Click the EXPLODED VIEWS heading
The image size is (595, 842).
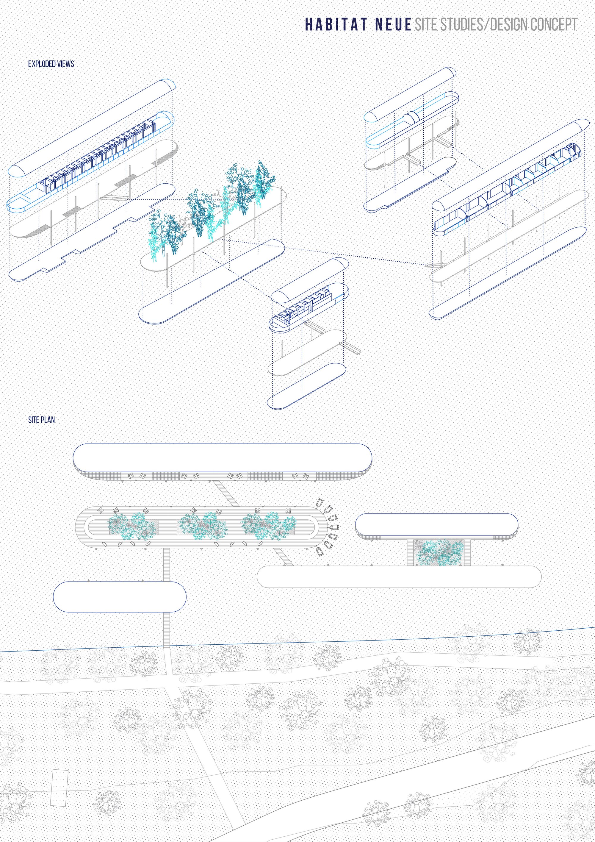click(x=51, y=64)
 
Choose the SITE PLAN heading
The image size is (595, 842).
click(x=41, y=420)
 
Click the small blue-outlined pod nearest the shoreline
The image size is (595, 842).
click(x=120, y=597)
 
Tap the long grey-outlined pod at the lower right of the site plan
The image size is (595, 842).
click(x=399, y=577)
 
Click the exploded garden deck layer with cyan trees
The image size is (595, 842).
click(x=213, y=227)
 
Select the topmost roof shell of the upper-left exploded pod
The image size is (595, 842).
click(x=92, y=126)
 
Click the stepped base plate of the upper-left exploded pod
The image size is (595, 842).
click(x=92, y=231)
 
